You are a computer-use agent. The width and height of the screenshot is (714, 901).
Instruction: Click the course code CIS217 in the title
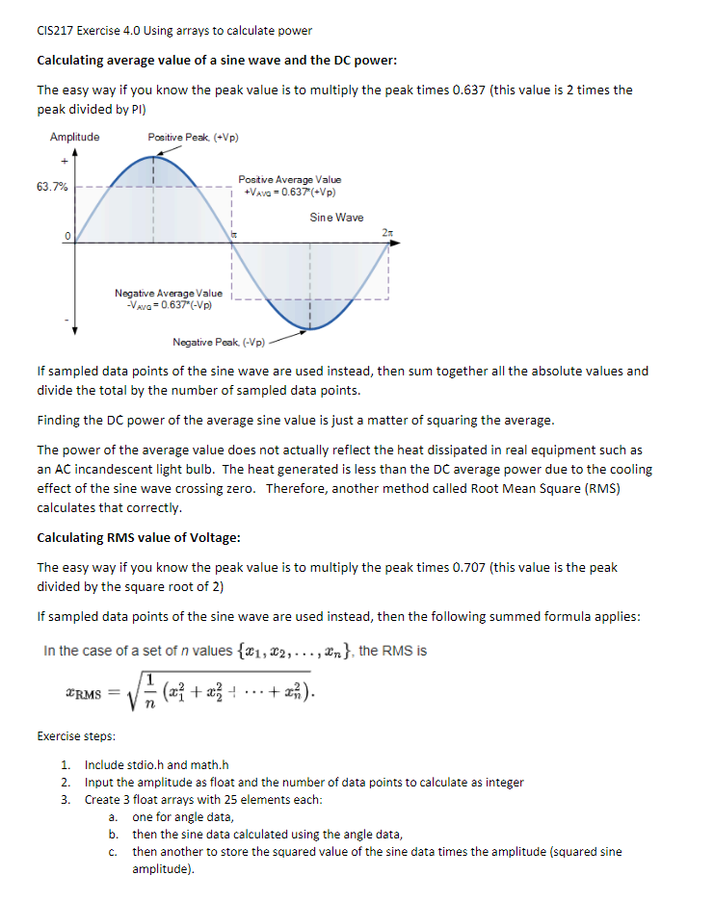55,31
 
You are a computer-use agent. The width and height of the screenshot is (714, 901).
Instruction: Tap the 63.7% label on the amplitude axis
52,186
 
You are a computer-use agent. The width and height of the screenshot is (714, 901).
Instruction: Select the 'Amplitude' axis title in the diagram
74,137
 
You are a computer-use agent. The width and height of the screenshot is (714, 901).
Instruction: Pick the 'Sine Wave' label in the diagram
336,218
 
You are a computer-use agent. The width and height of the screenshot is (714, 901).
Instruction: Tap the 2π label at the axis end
387,233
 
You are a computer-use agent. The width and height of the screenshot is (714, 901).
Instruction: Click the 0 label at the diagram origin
68,237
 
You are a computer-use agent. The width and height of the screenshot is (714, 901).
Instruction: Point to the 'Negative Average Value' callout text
169,294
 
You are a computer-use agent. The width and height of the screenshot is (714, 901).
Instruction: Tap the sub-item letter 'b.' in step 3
114,834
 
